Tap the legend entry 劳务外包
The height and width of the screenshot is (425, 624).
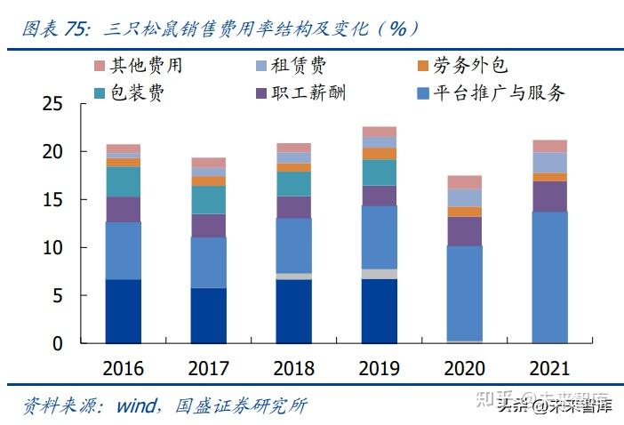tap(471, 66)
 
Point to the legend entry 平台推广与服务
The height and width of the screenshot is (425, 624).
tap(498, 92)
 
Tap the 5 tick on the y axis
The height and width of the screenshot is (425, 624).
tap(58, 295)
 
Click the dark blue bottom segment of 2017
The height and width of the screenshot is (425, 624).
tap(208, 315)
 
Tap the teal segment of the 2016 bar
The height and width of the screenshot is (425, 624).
tap(123, 181)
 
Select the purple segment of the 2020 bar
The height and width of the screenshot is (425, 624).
tap(464, 230)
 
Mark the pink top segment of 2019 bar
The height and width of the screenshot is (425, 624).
tap(379, 132)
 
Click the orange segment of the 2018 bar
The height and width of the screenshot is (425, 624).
tap(293, 167)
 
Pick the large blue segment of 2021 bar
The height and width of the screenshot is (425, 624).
tap(549, 277)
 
